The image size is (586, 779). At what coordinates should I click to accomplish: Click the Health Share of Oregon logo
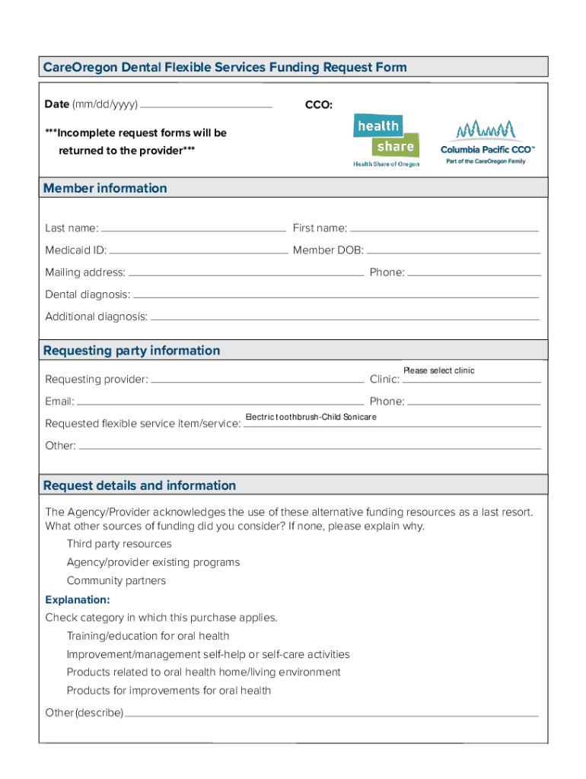(x=385, y=139)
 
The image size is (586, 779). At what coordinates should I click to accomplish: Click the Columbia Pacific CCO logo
(x=488, y=139)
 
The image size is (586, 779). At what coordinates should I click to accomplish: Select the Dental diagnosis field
(x=336, y=294)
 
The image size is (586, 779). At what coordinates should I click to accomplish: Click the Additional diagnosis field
(x=344, y=316)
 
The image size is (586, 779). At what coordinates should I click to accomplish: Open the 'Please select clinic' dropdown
(x=471, y=375)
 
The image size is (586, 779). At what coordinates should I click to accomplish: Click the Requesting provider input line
(x=257, y=378)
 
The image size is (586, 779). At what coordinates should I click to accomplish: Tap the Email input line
(x=220, y=400)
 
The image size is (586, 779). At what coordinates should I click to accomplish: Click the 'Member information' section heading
(x=105, y=188)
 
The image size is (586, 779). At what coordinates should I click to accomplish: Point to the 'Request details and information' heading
(x=140, y=485)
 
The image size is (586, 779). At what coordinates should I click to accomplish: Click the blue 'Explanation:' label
(x=78, y=599)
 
